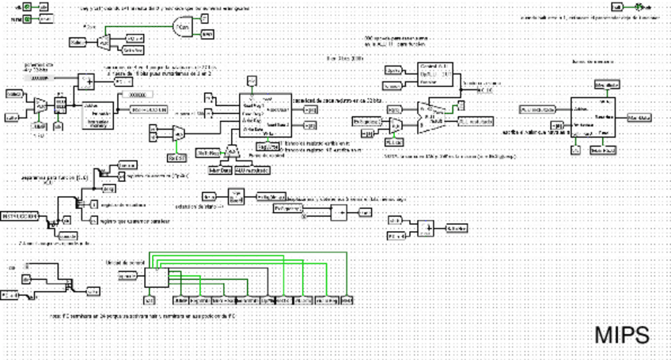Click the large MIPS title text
pyautogui.click(x=622, y=335)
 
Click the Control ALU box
pyautogui.click(x=433, y=74)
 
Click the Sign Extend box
pyautogui.click(x=235, y=195)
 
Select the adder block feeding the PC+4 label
pyautogui.click(x=89, y=81)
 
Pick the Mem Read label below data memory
pyautogui.click(x=605, y=150)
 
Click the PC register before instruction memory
pyautogui.click(x=58, y=104)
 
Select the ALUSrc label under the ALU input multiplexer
pyautogui.click(x=393, y=142)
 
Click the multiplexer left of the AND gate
pyautogui.click(x=103, y=41)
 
